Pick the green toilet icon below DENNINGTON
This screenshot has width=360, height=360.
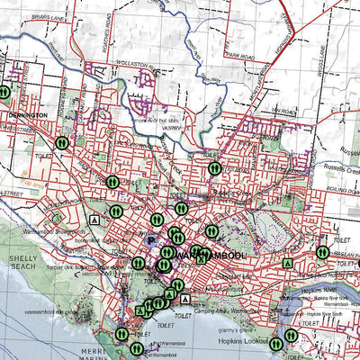tap(62, 143)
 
